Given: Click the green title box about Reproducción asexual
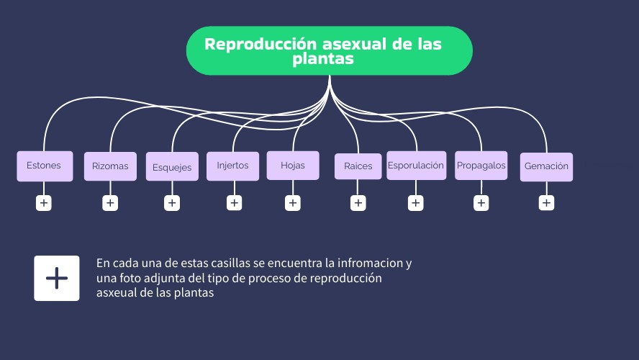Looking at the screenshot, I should click(329, 51).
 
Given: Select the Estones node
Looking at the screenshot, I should click(45, 166).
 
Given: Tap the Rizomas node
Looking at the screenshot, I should click(110, 166).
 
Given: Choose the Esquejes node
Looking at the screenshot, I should click(172, 167).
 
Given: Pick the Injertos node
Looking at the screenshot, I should click(232, 166).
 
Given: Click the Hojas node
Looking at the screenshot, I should click(293, 166).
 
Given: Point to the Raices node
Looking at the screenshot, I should click(358, 166).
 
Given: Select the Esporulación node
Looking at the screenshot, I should click(416, 166).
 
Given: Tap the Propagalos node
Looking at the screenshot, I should click(481, 166).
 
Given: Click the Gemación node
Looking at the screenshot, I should click(546, 166).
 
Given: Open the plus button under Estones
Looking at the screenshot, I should click(44, 203).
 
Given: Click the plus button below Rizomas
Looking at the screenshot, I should click(110, 203).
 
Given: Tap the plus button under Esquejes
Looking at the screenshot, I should click(172, 203).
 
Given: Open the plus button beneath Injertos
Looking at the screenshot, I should click(234, 203).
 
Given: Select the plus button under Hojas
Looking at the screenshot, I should click(293, 203).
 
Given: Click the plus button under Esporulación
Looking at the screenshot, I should click(416, 203).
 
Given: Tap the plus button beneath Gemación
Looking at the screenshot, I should click(547, 203).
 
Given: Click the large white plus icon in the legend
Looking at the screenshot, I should click(57, 278).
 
